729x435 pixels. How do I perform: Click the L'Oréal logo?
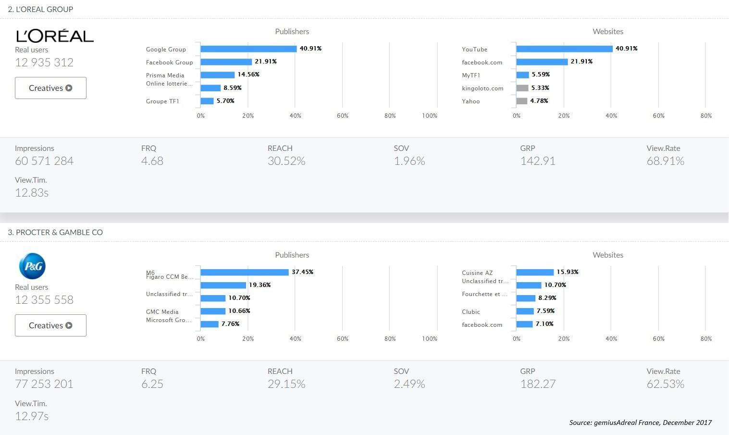coord(55,36)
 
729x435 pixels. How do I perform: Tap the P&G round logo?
coord(32,266)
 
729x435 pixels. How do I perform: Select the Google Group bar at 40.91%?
coord(248,49)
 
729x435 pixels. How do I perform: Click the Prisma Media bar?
coord(218,75)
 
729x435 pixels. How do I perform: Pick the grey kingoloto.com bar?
coord(522,88)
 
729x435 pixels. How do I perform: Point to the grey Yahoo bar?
coord(522,101)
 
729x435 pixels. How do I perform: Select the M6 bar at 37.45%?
coord(245,272)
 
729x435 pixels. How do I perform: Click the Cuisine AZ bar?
coord(535,272)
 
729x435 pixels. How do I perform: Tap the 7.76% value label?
coord(231,324)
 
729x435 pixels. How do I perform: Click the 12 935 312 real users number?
coord(44,62)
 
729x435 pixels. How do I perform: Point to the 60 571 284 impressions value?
coord(44,161)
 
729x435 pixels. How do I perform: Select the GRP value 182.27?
coord(538,384)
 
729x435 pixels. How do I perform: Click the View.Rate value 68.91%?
coord(665,161)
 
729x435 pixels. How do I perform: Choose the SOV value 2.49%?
coord(409,384)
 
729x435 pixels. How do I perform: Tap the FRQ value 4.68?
coord(152,161)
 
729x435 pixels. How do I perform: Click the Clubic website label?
coord(471,311)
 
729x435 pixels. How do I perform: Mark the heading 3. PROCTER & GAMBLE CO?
coord(55,232)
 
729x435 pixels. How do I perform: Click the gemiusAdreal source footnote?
coord(640,423)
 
